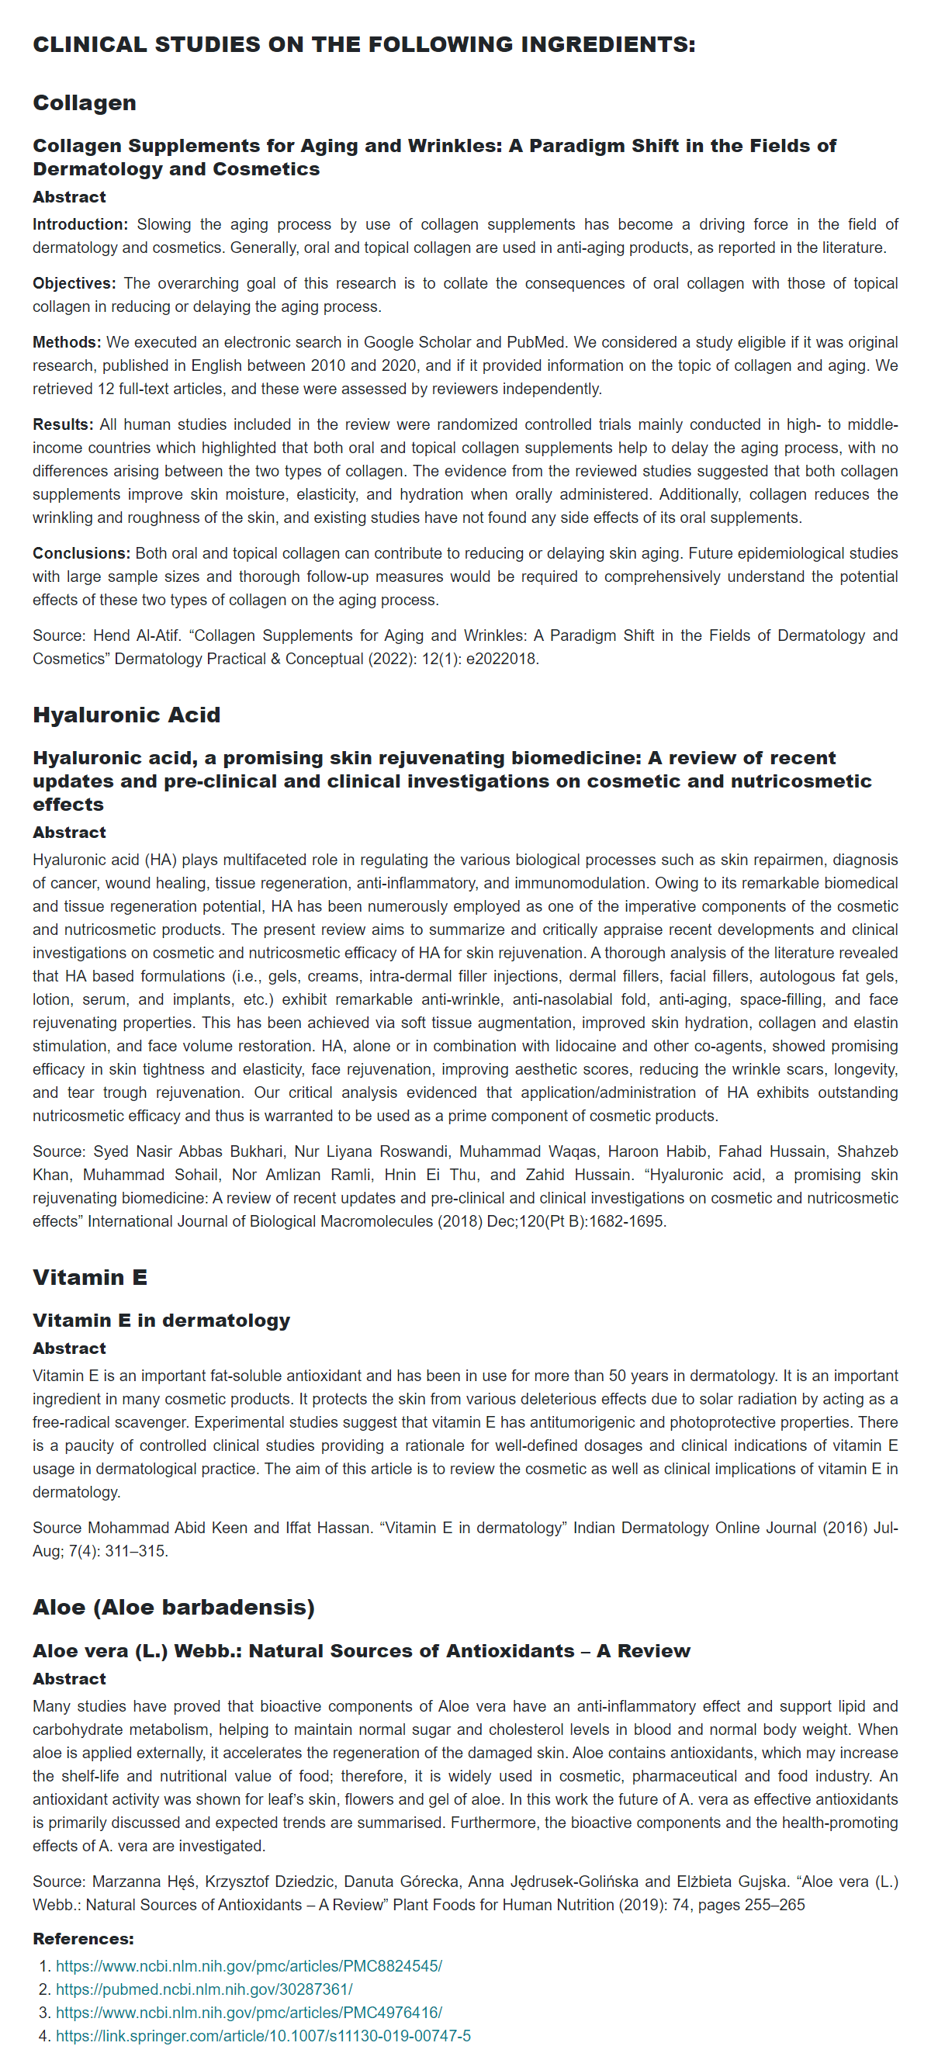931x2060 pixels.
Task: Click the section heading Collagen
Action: point(84,103)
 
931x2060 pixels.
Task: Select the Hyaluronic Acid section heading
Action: point(126,715)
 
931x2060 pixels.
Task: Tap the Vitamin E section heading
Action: point(89,1277)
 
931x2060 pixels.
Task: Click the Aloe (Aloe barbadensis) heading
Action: point(174,1608)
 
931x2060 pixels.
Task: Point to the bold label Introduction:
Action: point(80,225)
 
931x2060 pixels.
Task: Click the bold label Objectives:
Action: point(74,284)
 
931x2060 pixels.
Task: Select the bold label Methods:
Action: point(67,343)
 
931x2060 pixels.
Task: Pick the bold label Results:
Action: point(63,424)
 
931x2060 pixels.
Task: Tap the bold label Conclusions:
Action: point(81,553)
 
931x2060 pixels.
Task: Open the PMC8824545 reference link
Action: point(249,1965)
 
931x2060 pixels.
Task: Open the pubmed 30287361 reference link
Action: point(204,1989)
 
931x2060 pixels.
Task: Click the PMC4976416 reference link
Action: point(249,2012)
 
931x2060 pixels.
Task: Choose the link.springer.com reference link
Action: point(263,2035)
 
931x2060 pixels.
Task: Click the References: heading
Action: point(83,1938)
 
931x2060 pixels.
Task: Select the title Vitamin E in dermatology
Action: point(161,1321)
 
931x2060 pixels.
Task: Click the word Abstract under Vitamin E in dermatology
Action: point(69,1349)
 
